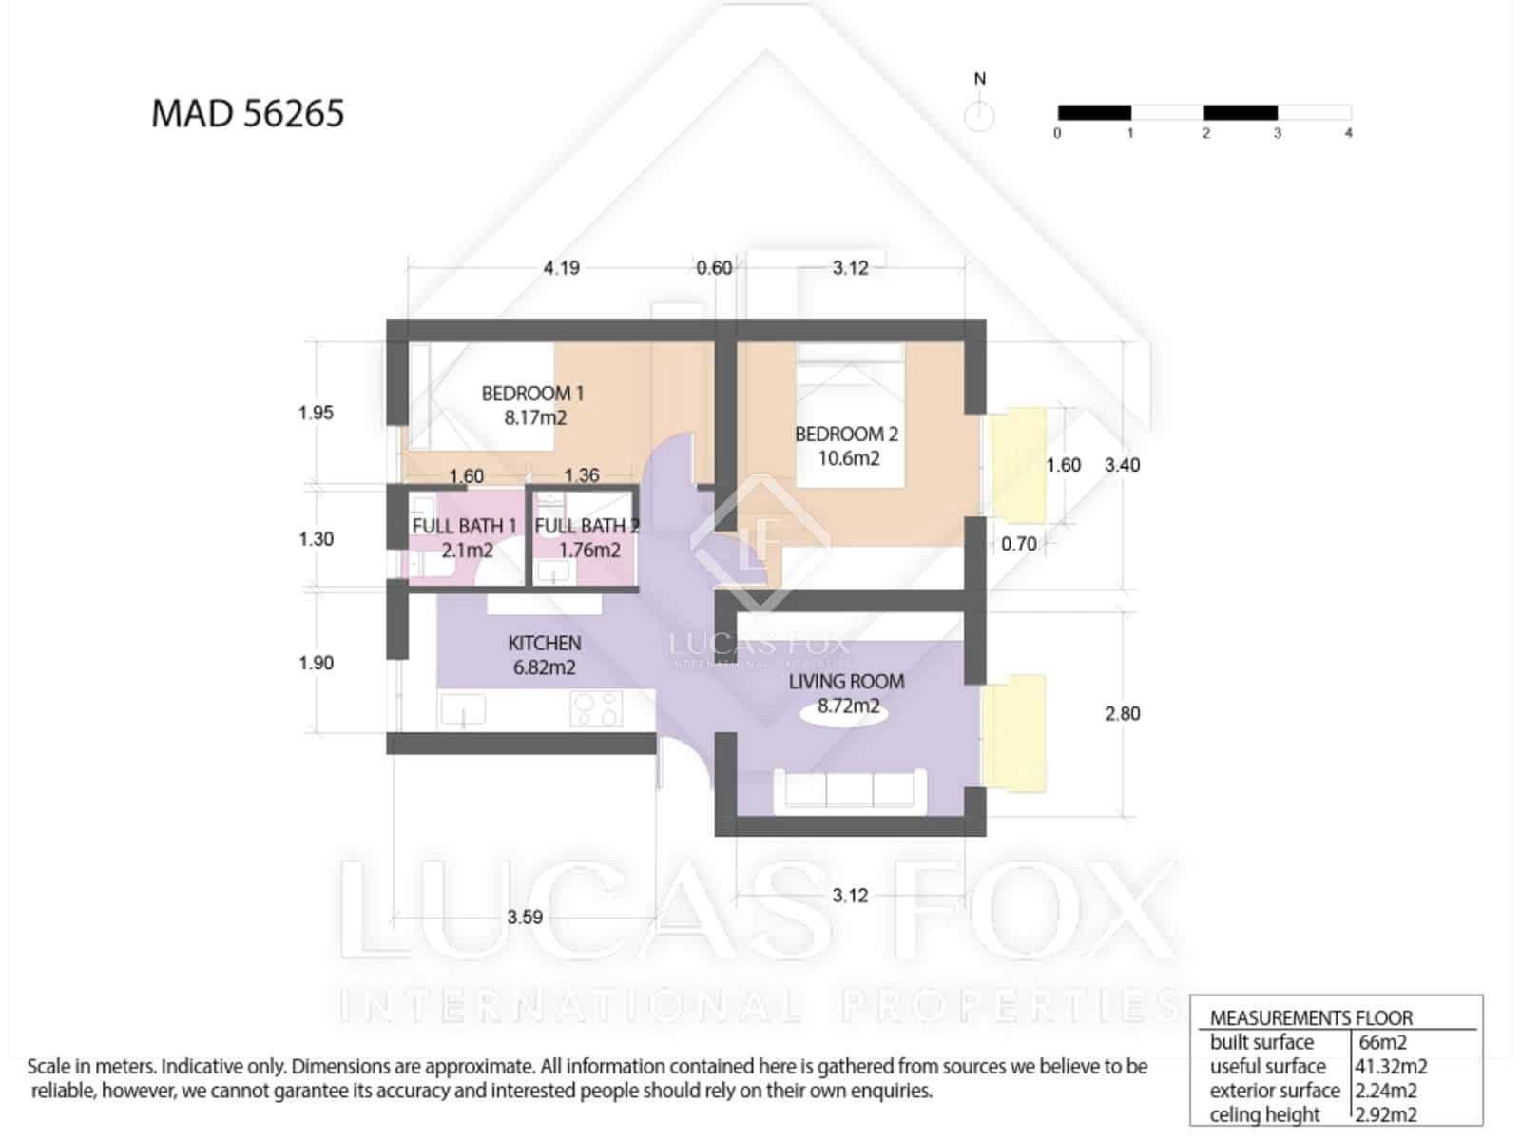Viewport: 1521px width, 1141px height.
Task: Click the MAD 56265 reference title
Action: pos(247,113)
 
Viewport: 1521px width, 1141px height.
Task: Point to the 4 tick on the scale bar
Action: pos(1348,133)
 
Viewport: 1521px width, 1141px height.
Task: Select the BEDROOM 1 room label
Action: pos(532,393)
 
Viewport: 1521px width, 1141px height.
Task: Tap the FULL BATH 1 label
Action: pos(464,526)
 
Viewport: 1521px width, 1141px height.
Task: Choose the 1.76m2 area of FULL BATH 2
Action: pos(589,550)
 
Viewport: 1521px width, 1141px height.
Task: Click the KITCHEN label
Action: pos(544,643)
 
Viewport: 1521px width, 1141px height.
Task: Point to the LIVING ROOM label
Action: pos(846,681)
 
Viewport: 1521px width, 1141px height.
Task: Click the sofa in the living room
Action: pos(850,791)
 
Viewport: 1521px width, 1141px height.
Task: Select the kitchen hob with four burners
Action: pos(596,708)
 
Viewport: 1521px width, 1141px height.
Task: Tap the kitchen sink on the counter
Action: pos(463,708)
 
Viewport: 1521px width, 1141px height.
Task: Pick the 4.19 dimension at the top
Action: pos(561,268)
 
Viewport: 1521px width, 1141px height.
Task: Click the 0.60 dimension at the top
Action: pos(714,268)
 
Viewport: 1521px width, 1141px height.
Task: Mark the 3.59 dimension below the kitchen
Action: pos(524,917)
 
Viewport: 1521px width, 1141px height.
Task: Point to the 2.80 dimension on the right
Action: pos(1122,713)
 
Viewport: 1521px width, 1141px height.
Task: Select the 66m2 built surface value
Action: pos(1382,1042)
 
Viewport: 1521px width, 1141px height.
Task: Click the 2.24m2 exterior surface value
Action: pos(1385,1091)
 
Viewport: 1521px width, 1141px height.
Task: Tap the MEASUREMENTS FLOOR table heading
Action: pos(1311,1017)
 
